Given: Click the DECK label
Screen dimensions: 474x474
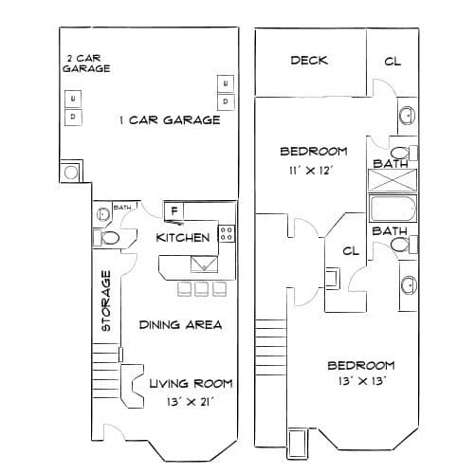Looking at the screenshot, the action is tap(309, 61).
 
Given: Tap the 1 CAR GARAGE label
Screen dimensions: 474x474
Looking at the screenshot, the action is tap(170, 120).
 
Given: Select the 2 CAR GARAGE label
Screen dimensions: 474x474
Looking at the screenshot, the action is tap(86, 64).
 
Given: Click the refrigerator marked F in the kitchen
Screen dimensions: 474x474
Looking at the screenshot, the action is tap(173, 210).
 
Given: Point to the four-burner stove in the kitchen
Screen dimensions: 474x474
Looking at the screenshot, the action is tap(227, 234).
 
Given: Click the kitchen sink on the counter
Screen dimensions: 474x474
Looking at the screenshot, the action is tap(204, 264).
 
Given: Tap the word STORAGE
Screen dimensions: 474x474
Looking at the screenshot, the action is tap(106, 301).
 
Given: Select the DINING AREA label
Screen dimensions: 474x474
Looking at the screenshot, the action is tap(180, 325).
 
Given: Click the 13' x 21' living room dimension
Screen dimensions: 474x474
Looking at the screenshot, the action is tap(191, 402).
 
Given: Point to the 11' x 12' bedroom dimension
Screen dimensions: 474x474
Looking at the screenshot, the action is tap(310, 171).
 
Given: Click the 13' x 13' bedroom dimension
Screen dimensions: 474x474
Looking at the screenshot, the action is tap(362, 381).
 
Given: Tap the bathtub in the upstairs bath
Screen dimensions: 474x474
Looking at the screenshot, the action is tap(392, 209).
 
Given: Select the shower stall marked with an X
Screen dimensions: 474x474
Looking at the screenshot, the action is tap(392, 180).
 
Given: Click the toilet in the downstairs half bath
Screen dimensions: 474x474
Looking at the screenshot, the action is tap(106, 238).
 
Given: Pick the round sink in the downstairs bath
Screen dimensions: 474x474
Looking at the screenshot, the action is tap(103, 214).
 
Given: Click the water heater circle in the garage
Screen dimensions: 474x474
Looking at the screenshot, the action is tap(71, 173).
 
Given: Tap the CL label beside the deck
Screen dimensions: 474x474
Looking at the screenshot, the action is tap(392, 62).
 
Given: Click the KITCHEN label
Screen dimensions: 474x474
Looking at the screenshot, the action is tap(183, 238).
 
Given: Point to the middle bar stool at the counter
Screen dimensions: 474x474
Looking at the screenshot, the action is tap(201, 289).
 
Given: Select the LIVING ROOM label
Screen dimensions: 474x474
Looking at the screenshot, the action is tap(191, 384).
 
